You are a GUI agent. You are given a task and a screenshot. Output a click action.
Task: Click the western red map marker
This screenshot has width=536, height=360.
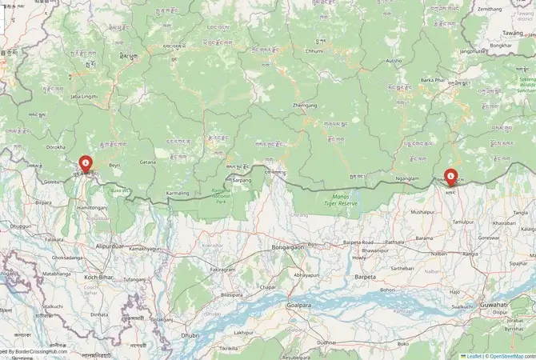(x=85, y=164)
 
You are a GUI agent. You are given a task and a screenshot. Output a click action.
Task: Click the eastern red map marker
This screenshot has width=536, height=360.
(x=450, y=175)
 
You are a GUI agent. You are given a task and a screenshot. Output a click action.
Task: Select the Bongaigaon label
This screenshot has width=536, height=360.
(x=289, y=248)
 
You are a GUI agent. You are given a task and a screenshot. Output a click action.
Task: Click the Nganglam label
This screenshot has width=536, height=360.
(x=406, y=178)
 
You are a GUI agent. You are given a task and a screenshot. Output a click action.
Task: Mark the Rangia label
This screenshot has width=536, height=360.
(x=470, y=254)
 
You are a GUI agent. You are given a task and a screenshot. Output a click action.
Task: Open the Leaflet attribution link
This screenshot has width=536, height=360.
(x=473, y=356)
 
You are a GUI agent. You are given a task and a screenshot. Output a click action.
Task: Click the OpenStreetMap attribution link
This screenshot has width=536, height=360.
(x=512, y=356)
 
